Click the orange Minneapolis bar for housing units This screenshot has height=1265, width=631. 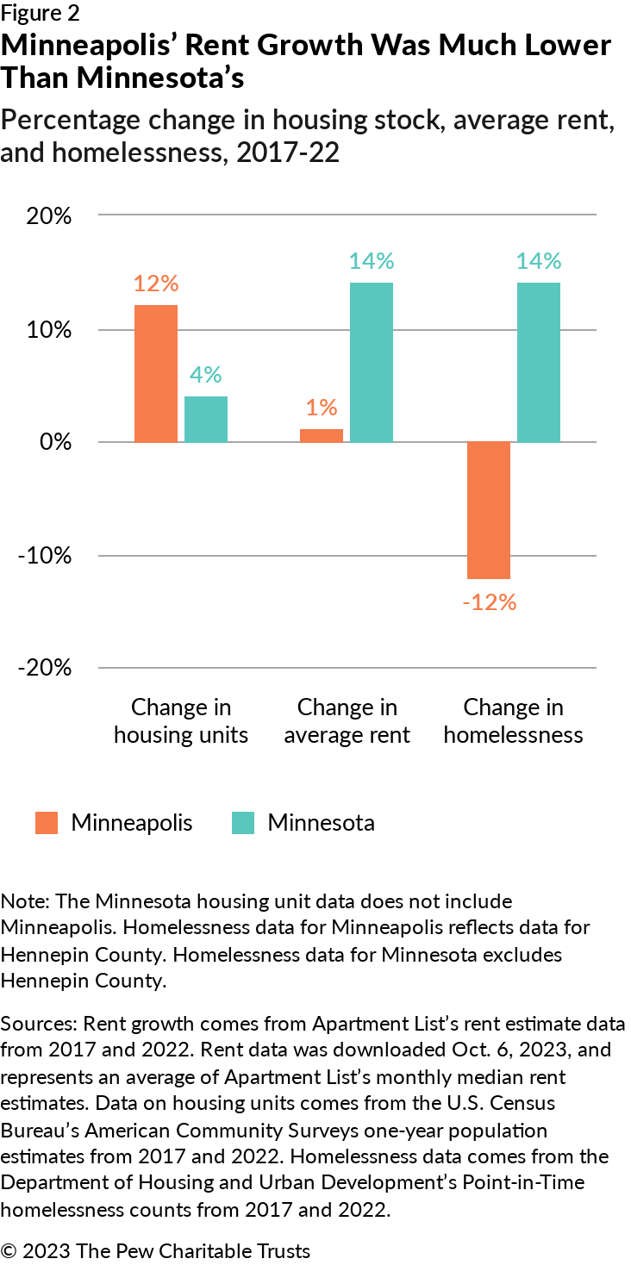(156, 373)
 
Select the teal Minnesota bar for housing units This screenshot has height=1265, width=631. (206, 419)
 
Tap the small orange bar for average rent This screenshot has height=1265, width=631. (322, 435)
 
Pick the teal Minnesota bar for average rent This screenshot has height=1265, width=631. (372, 362)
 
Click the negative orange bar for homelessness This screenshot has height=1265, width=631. (489, 510)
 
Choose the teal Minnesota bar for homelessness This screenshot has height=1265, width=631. (539, 362)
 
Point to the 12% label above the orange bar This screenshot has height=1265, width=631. (156, 284)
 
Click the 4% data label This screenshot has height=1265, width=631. (206, 375)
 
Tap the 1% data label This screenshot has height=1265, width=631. (322, 408)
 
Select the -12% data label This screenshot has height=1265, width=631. (490, 602)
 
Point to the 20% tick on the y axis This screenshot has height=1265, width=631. (49, 215)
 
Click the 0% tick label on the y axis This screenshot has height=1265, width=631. (56, 441)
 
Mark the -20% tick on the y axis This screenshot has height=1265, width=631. (45, 668)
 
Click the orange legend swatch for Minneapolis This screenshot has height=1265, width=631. (47, 823)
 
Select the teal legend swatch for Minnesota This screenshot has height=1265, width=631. (243, 823)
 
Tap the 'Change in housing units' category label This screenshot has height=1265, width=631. (181, 721)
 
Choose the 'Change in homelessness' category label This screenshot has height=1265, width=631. (513, 721)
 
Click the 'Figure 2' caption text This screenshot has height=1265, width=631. (41, 13)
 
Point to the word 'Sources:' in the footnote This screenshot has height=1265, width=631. (39, 1024)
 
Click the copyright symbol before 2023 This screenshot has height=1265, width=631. (9, 1251)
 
